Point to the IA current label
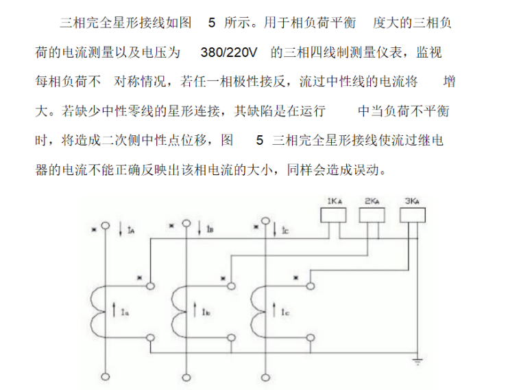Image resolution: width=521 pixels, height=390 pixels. pos(131,229)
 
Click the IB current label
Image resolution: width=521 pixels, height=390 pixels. pos(210,229)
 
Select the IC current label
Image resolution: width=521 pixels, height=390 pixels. pos(285,230)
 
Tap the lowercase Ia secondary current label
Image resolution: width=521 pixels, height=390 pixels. pos(125,312)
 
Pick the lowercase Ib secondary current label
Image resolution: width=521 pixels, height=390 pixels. pos(206,312)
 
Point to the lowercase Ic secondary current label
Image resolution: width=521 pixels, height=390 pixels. pos(285,312)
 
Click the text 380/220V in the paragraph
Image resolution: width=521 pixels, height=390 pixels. pos(229,52)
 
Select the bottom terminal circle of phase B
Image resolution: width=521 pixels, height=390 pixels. pos(186,378)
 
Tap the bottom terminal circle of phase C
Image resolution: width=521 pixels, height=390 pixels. pos(265,378)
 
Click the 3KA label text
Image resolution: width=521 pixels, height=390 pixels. pos(412,201)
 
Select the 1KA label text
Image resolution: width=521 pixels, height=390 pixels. pos(335,201)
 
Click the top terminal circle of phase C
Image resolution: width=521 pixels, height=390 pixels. pos(265,221)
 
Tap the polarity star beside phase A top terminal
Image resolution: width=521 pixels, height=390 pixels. pos(94,229)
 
